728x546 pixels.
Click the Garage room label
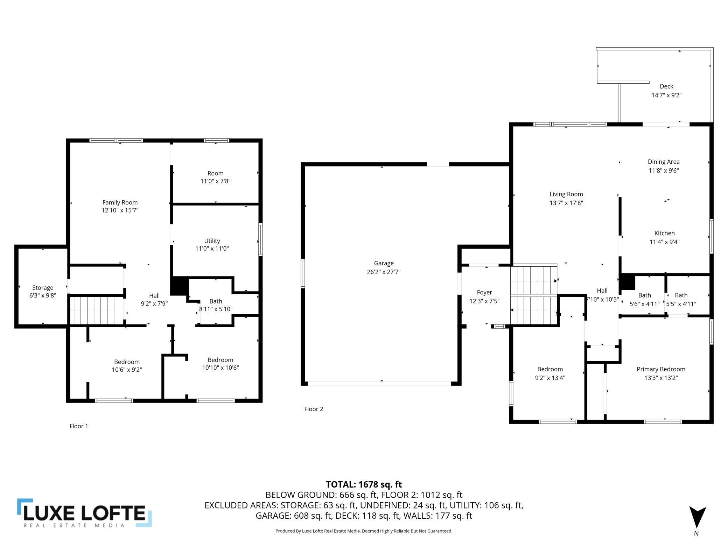[x=384, y=263]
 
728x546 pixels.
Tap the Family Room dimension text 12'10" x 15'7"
[x=120, y=210]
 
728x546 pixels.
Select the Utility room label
[x=212, y=241]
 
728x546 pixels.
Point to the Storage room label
[x=43, y=288]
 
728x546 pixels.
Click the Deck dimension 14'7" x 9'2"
[x=666, y=95]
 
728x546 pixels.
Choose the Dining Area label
[x=664, y=162]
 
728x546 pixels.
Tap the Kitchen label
[x=665, y=233]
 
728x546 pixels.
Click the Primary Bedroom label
[x=661, y=369]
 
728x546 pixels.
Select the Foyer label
[x=484, y=292]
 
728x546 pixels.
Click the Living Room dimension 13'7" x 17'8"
[x=566, y=203]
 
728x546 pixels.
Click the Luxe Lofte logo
[x=84, y=513]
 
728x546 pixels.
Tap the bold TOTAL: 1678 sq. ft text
[x=364, y=484]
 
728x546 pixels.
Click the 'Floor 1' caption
[x=79, y=426]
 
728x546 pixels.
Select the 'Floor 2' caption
[x=314, y=409]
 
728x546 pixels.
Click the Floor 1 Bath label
[x=216, y=301]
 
